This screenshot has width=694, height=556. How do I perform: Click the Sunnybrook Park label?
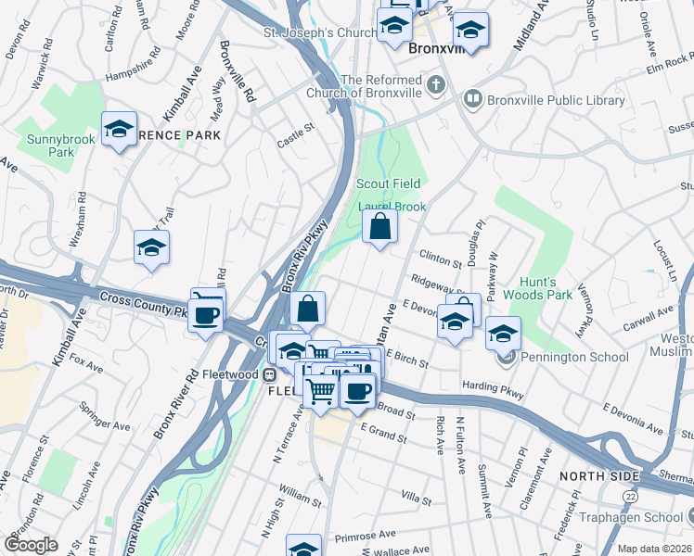(x=49, y=145)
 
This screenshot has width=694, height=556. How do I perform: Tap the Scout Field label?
(x=388, y=184)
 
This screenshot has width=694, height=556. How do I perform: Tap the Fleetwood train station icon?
(x=269, y=375)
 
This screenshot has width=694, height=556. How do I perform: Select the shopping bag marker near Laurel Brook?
(x=380, y=226)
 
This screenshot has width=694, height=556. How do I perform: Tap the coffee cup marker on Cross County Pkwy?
(x=205, y=313)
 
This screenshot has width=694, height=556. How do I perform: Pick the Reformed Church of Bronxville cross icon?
(x=436, y=87)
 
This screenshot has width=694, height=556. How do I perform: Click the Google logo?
(x=32, y=545)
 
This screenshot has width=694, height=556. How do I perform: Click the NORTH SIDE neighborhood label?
(x=599, y=476)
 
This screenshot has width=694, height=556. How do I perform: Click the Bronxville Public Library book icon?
(x=473, y=97)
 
